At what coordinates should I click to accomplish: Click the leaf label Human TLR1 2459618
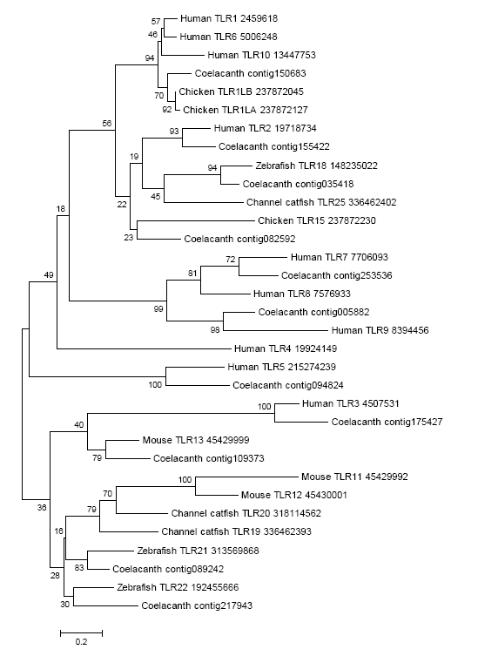tap(229, 18)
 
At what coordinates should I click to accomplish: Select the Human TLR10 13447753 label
tap(261, 55)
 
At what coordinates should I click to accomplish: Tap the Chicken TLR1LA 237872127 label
tap(245, 110)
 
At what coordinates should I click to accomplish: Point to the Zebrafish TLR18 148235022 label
tap(317, 166)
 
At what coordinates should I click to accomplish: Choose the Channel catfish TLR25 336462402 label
tap(321, 202)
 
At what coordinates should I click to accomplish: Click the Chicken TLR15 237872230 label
tap(317, 220)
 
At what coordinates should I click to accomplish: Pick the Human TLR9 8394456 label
tap(380, 330)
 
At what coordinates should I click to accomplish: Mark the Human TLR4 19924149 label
tap(286, 348)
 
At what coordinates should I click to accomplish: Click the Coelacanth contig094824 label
tap(287, 385)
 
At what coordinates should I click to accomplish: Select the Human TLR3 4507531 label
tap(351, 403)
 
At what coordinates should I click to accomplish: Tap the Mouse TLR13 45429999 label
tap(196, 440)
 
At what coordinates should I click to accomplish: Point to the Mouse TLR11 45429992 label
tap(354, 477)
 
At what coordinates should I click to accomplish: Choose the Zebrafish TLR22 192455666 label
tap(178, 587)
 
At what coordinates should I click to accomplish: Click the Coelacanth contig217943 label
tap(197, 605)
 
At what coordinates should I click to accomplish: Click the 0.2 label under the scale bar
tap(81, 642)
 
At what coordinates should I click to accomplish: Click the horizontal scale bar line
tap(81, 632)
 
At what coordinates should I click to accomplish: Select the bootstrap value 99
tap(158, 309)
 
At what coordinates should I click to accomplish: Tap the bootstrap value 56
tap(107, 123)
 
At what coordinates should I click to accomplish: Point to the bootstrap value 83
tap(79, 567)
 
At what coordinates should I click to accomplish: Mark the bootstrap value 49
tap(49, 275)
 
